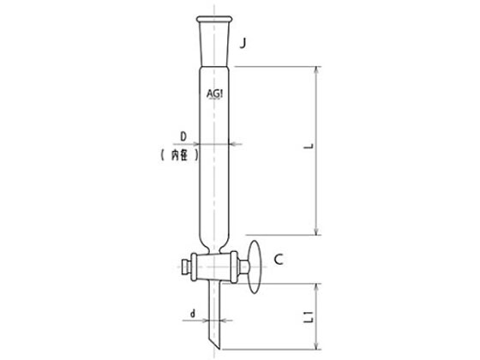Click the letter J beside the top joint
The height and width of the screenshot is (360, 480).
(x=243, y=43)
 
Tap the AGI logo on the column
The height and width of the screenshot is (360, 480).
(x=214, y=94)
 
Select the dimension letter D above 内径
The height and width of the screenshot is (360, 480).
(x=183, y=136)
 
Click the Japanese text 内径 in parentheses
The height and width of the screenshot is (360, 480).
(x=179, y=155)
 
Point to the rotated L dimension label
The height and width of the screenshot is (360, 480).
(x=309, y=146)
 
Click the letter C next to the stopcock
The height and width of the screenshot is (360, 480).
(x=279, y=260)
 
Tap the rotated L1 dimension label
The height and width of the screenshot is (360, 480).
(x=309, y=316)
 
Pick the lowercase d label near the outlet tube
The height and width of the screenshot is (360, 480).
(x=193, y=313)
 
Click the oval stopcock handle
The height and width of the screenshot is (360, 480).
(x=255, y=267)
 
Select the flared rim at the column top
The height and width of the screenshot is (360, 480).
(x=214, y=19)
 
